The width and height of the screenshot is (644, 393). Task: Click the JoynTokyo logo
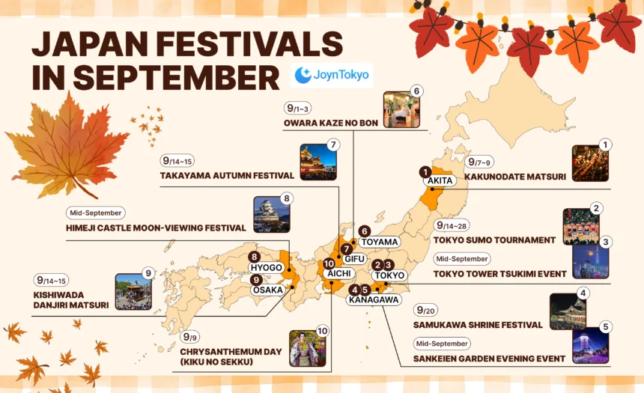[331, 75]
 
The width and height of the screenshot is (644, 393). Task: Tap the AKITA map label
[439, 181]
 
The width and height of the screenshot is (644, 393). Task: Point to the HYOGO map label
[267, 267]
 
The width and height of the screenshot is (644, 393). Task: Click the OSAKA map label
[268, 290]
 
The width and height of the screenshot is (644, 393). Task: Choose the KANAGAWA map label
[373, 300]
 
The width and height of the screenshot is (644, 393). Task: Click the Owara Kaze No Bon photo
[401, 110]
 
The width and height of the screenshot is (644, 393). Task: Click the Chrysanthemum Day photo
[307, 348]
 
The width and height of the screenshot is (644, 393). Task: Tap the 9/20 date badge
[425, 310]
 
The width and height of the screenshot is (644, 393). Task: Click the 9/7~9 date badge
[480, 162]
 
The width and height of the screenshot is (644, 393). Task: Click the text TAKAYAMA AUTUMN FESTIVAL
[227, 176]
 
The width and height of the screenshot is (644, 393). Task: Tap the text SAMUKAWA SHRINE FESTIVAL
[478, 325]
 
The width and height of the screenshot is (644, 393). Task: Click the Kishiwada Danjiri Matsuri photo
[133, 292]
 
